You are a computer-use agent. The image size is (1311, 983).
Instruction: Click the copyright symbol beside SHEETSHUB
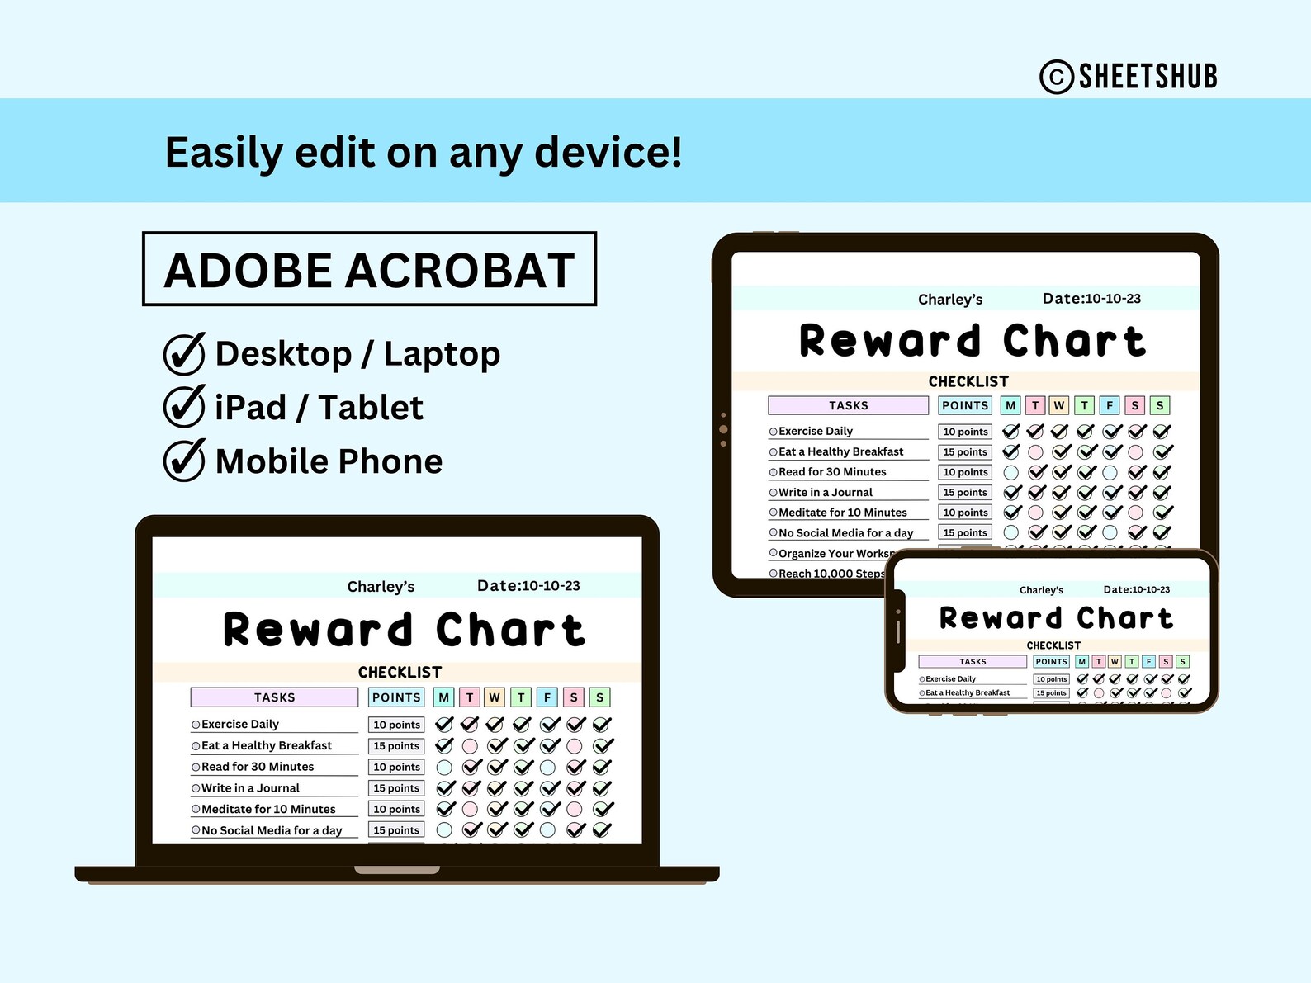pyautogui.click(x=1057, y=77)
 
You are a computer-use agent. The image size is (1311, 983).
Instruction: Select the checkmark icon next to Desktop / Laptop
pyautogui.click(x=183, y=354)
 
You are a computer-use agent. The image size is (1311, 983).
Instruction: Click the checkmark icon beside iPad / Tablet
pyautogui.click(x=183, y=407)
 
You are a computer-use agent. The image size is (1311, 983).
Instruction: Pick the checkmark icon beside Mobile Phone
pyautogui.click(x=183, y=461)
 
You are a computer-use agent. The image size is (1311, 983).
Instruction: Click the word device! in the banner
pyautogui.click(x=608, y=152)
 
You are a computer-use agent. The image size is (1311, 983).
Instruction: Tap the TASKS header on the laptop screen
pyautogui.click(x=274, y=697)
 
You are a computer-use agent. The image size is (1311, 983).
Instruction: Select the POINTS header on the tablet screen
pyautogui.click(x=965, y=405)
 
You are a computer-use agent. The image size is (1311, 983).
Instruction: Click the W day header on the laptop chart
pyautogui.click(x=495, y=697)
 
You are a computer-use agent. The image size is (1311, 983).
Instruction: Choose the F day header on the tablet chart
pyautogui.click(x=1110, y=405)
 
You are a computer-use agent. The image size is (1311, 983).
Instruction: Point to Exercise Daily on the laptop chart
pyautogui.click(x=240, y=724)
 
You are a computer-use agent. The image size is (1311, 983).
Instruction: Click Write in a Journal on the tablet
pyautogui.click(x=826, y=492)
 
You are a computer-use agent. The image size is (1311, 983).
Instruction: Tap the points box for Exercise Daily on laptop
pyautogui.click(x=396, y=725)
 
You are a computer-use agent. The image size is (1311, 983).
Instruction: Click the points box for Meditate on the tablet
pyautogui.click(x=965, y=513)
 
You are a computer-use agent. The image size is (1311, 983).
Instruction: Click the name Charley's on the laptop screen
pyautogui.click(x=381, y=587)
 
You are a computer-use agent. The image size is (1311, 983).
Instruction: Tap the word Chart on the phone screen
pyautogui.click(x=1124, y=618)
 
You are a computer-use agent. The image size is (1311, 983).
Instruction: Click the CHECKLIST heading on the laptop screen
pyautogui.click(x=400, y=673)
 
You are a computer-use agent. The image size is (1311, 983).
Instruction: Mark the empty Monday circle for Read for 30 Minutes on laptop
pyautogui.click(x=444, y=768)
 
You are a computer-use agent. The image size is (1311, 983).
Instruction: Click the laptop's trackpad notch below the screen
pyautogui.click(x=397, y=870)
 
